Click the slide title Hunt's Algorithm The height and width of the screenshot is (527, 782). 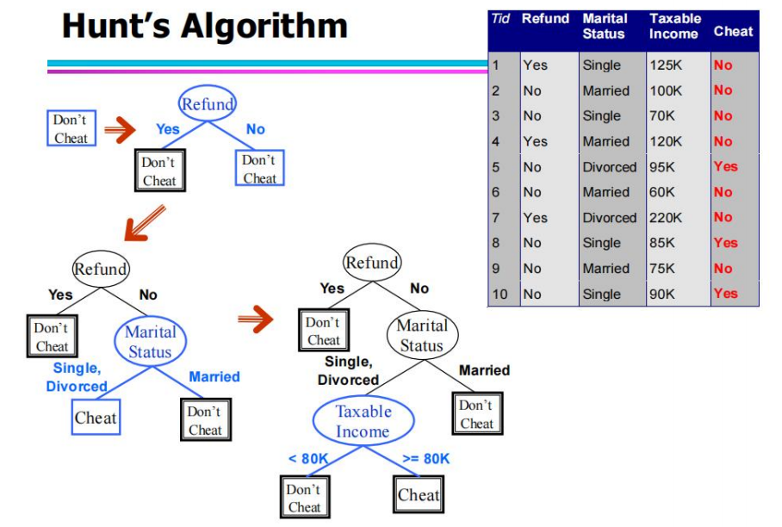click(204, 26)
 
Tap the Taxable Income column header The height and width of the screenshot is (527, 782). click(674, 26)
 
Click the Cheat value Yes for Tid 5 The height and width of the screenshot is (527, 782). click(725, 166)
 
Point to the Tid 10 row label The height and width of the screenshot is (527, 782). click(500, 294)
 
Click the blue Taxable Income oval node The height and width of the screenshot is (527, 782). click(363, 421)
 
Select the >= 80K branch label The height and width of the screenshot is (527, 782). click(426, 459)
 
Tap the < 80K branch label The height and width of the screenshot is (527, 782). click(308, 459)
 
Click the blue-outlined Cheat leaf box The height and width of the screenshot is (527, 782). click(96, 417)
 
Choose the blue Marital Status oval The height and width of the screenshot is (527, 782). click(150, 342)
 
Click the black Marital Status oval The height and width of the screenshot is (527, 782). click(422, 335)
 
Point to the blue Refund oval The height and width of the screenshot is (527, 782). click(207, 103)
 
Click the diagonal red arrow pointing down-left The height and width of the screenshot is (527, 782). click(144, 222)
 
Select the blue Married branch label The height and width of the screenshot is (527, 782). click(214, 377)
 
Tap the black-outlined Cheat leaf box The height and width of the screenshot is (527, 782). click(419, 494)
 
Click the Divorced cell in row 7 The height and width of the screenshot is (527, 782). click(610, 218)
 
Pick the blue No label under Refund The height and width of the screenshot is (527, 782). click(255, 129)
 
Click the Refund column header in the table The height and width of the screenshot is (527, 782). click(545, 18)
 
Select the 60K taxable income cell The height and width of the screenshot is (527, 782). click(661, 192)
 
